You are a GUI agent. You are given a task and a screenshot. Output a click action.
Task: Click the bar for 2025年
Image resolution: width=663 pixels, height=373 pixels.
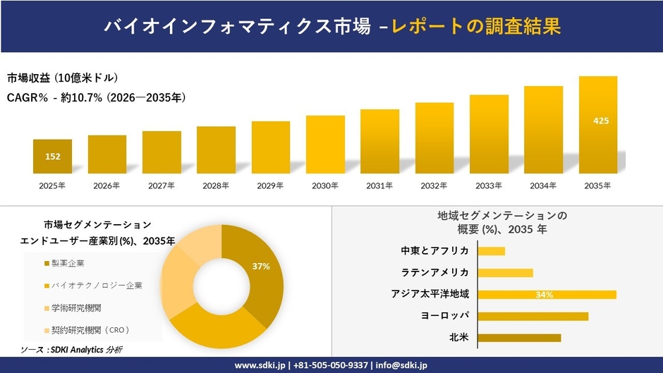coord(52,157)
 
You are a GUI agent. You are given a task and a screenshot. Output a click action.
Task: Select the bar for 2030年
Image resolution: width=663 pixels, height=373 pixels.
coord(325,145)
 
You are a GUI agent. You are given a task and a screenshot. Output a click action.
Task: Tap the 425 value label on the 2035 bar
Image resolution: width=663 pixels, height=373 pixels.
coord(601,121)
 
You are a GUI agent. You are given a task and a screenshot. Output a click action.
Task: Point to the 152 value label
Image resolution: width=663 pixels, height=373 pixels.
coord(52,157)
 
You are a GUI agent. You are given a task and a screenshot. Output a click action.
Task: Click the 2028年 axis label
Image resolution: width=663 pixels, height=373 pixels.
coord(216,186)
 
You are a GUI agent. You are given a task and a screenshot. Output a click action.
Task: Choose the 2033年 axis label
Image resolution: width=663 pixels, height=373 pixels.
coord(489,186)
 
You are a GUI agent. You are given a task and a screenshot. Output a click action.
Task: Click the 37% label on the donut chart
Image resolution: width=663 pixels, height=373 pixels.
coord(261,266)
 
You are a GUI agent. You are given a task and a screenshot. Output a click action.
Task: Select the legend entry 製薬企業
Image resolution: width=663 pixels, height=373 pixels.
coord(68,263)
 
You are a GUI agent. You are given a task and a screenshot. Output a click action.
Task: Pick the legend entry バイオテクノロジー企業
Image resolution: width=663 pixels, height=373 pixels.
coord(96,286)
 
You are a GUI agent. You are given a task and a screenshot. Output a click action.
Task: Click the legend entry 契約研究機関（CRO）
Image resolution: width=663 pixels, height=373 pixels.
coord(90,330)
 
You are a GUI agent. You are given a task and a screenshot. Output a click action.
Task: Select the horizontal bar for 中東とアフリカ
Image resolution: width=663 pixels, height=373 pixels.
coord(492,251)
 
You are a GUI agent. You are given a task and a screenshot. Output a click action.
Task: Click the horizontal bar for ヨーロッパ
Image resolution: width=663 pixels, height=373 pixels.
coord(533,316)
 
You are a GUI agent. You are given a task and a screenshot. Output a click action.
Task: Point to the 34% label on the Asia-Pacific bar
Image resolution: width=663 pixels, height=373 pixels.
coord(544,295)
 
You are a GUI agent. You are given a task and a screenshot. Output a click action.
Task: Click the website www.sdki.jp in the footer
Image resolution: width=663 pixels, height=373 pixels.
coord(260,365)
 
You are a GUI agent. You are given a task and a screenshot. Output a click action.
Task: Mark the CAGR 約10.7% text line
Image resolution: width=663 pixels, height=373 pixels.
coord(96,98)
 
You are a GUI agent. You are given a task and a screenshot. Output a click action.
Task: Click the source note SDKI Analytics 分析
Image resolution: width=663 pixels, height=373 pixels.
coord(72,350)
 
